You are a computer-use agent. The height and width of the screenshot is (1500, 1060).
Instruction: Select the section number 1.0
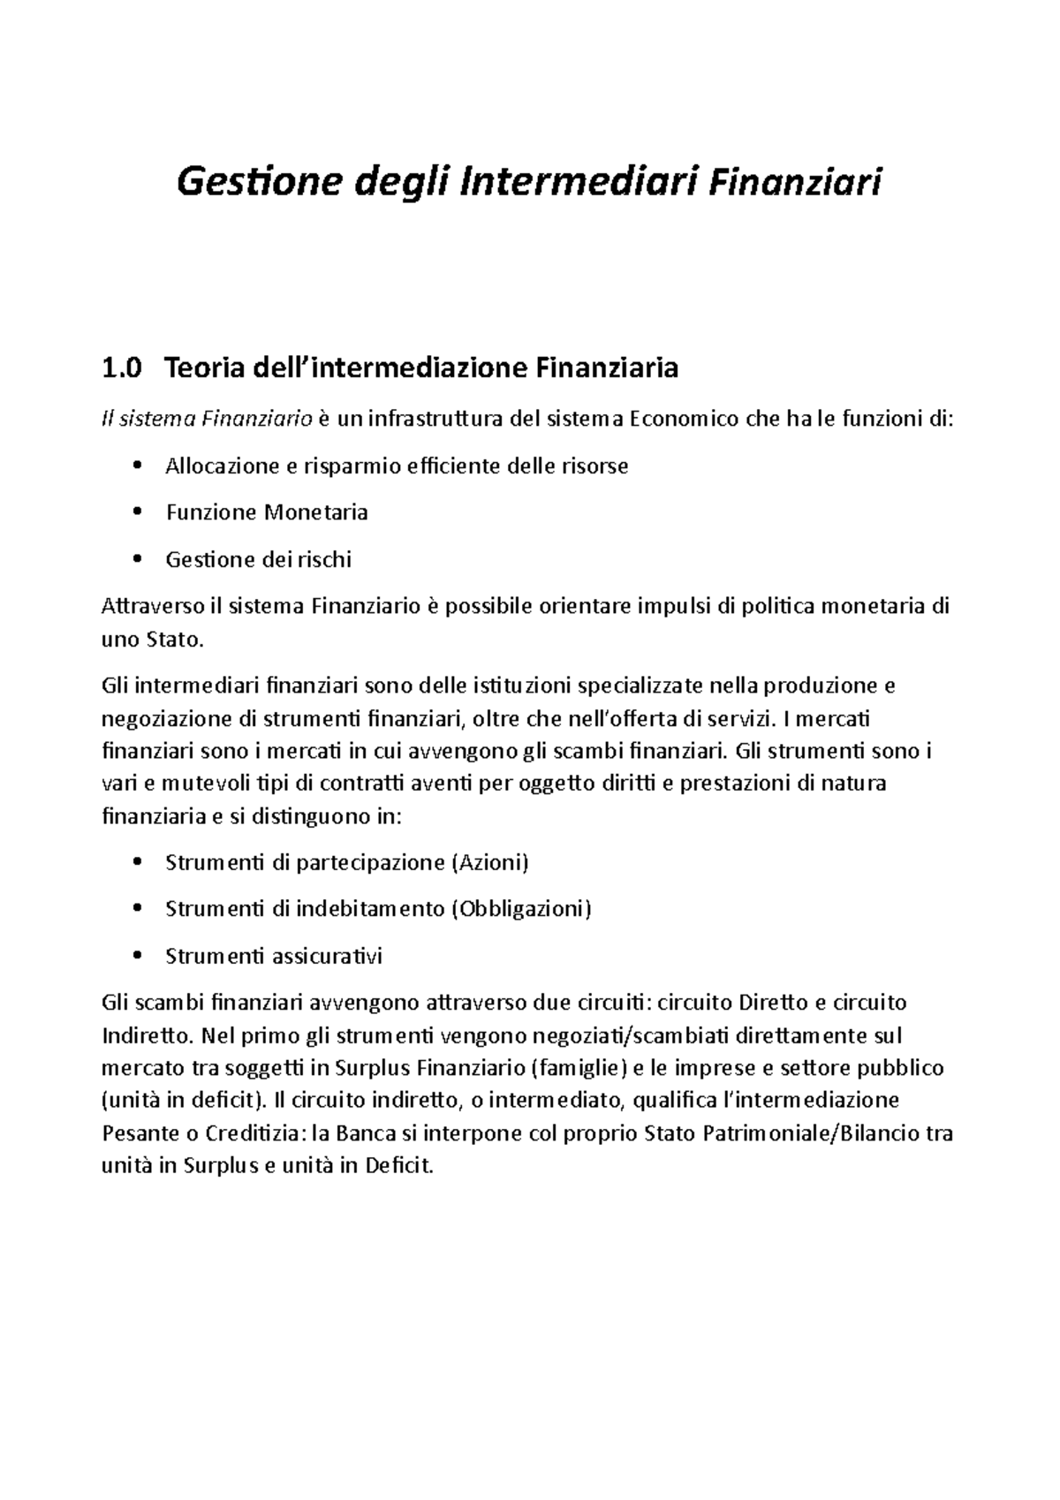coord(122,367)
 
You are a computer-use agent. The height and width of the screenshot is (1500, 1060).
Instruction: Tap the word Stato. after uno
coord(173,639)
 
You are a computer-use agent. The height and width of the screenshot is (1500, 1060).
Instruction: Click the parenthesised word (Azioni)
coord(489,861)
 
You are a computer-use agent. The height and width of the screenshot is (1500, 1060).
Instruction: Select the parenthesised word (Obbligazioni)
coord(521,908)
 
